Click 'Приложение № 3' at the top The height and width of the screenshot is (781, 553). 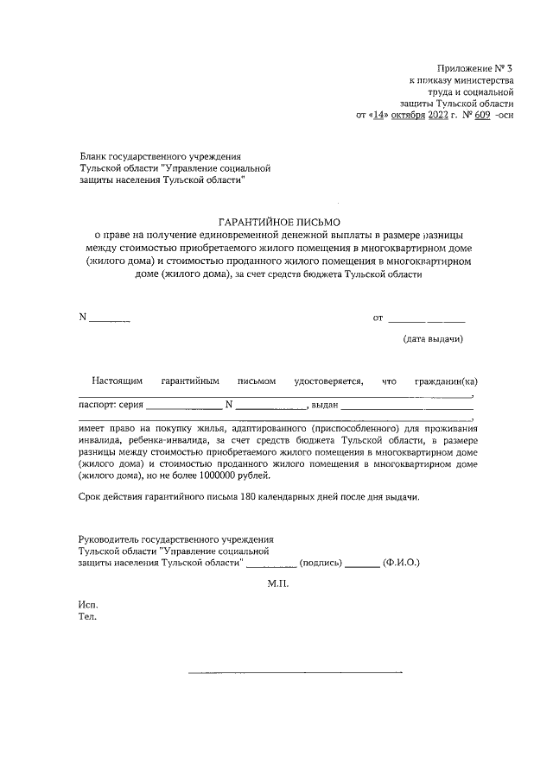[x=475, y=67]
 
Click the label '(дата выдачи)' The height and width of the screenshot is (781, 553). [x=433, y=339]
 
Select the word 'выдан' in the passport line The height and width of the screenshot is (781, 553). [x=324, y=404]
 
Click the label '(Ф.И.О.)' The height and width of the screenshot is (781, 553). [x=403, y=562]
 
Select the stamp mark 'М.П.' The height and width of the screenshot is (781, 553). [x=278, y=583]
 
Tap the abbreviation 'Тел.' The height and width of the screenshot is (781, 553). [x=87, y=617]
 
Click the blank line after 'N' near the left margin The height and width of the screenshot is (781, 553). [x=110, y=319]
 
